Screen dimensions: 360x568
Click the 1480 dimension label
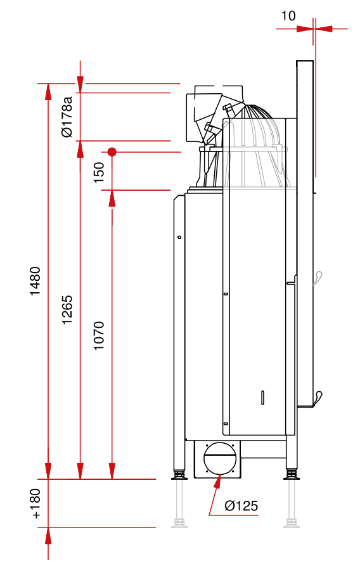tap(35, 281)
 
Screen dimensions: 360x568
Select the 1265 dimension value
tap(67, 310)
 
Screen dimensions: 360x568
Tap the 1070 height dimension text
tap(99, 335)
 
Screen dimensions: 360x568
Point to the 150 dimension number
tap(99, 172)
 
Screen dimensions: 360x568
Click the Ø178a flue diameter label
tap(67, 117)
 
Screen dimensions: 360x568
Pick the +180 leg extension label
tap(35, 503)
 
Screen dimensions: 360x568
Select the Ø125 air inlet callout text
tap(241, 505)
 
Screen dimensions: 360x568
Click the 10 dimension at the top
tap(288, 16)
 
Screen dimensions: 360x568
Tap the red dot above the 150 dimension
tap(112, 152)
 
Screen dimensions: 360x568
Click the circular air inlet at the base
tap(221, 458)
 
